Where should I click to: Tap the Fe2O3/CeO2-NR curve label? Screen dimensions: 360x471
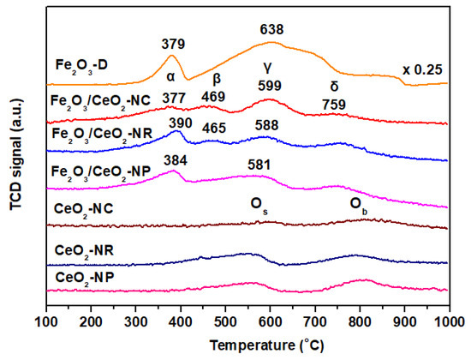click(x=100, y=134)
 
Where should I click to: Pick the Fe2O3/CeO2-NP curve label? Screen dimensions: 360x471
click(x=100, y=172)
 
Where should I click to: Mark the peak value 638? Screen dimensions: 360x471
click(x=271, y=30)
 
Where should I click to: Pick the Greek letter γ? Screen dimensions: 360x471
click(x=269, y=66)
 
